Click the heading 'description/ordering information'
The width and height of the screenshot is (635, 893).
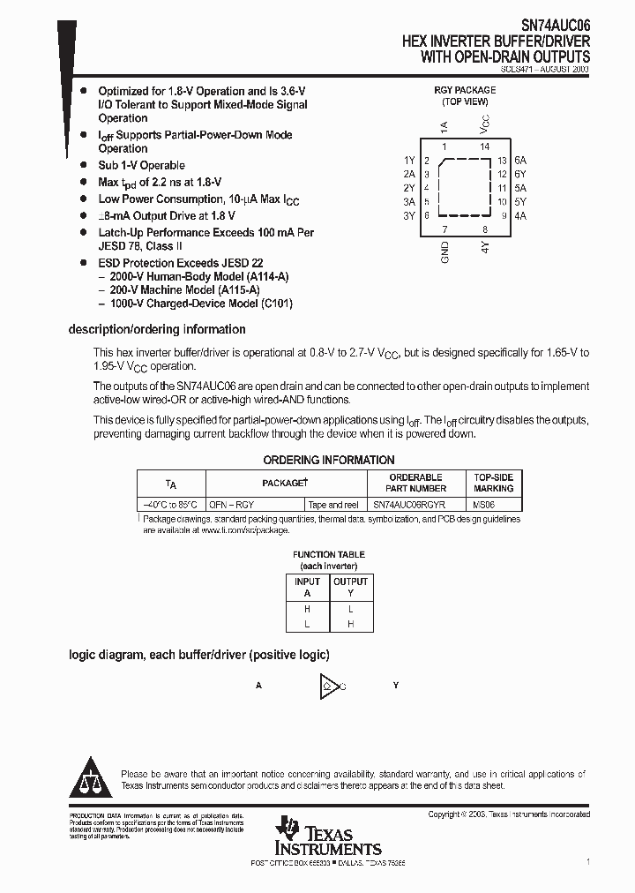tap(157, 329)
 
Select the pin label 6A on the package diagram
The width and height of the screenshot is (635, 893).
tap(520, 160)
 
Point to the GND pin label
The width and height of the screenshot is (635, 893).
tap(444, 252)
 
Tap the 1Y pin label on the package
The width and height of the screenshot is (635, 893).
tap(409, 160)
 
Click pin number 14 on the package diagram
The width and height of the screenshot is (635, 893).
tap(484, 146)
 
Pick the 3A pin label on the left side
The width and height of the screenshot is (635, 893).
tap(409, 201)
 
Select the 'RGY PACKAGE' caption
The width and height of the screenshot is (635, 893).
tap(465, 90)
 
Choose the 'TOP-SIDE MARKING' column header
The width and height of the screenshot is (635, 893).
tap(493, 483)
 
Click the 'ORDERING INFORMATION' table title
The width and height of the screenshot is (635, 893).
tap(329, 460)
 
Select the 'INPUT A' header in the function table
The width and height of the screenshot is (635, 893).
tap(307, 588)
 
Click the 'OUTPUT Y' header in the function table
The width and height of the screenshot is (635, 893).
tap(350, 588)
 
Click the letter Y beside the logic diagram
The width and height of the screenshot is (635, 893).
tap(396, 686)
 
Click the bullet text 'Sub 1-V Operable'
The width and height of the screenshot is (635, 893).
tap(141, 165)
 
